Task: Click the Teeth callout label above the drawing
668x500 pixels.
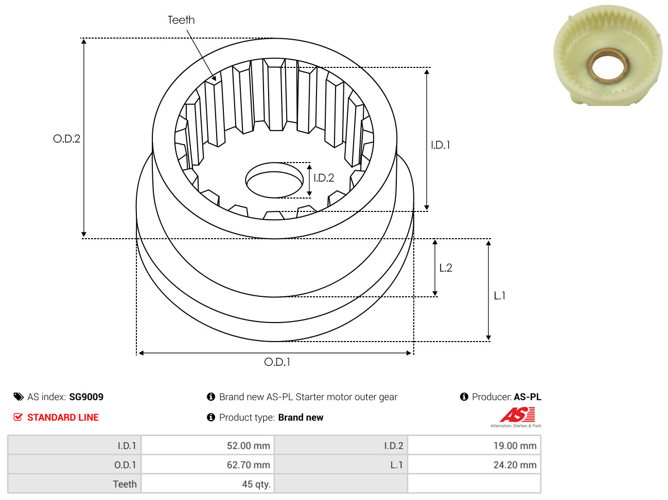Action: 181,20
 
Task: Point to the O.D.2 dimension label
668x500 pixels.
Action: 66,139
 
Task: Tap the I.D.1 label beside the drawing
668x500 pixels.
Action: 440,145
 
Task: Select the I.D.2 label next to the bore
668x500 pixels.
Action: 324,177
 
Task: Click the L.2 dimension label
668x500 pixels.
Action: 446,267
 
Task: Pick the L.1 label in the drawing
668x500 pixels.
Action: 499,295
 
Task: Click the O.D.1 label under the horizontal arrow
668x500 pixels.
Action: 277,362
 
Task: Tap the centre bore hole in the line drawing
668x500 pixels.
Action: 274,180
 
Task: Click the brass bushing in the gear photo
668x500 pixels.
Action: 607,66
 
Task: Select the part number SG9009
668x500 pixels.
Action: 86,397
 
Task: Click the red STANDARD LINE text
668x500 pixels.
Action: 63,417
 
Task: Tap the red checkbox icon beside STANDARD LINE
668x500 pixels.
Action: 18,417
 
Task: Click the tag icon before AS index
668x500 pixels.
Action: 18,397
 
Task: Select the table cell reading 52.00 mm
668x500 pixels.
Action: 207,445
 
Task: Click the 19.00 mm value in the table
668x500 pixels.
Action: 474,445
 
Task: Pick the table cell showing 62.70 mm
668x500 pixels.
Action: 207,465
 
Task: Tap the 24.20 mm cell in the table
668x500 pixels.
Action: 474,465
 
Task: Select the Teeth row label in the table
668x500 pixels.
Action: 125,484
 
